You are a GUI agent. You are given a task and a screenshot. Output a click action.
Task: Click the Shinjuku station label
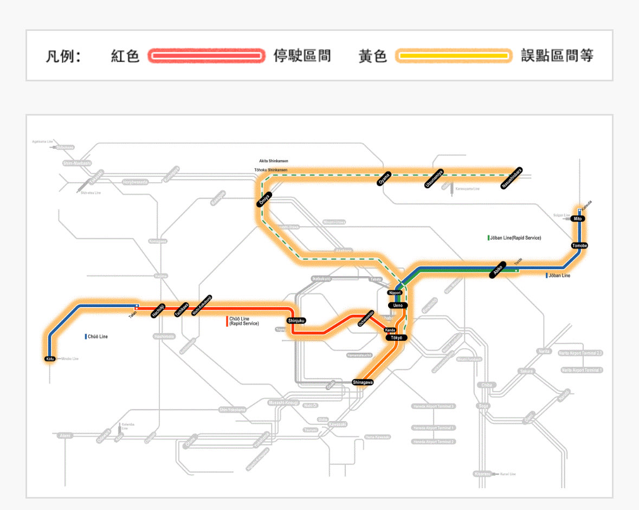coord(296,321)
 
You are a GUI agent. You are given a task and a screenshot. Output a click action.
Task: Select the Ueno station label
coord(398,305)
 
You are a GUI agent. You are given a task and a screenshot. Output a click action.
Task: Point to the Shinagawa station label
coord(363,382)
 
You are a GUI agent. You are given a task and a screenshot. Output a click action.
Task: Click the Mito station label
coord(578,218)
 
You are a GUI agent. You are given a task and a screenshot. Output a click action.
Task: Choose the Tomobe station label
coord(579,246)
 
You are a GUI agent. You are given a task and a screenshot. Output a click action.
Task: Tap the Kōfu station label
coord(49,359)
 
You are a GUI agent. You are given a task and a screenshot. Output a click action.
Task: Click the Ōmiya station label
coord(264,201)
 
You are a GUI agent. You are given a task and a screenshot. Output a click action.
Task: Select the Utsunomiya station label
coord(434,178)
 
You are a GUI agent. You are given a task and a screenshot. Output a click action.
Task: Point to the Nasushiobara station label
coord(512,178)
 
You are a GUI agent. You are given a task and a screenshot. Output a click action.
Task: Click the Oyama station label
coord(384,179)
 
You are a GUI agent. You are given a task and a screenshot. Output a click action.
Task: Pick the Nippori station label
coord(395,292)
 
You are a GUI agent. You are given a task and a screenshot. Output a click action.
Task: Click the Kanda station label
coord(390,330)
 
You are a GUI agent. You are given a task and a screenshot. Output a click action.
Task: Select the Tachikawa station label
coord(182,309)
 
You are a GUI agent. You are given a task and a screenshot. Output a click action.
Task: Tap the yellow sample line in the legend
coord(453,56)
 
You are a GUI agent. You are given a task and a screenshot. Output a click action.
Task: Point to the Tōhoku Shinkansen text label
coord(270,170)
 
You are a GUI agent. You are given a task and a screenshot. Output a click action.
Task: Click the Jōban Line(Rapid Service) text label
coord(516,238)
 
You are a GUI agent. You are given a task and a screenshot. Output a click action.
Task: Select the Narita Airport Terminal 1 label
coord(582,370)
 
